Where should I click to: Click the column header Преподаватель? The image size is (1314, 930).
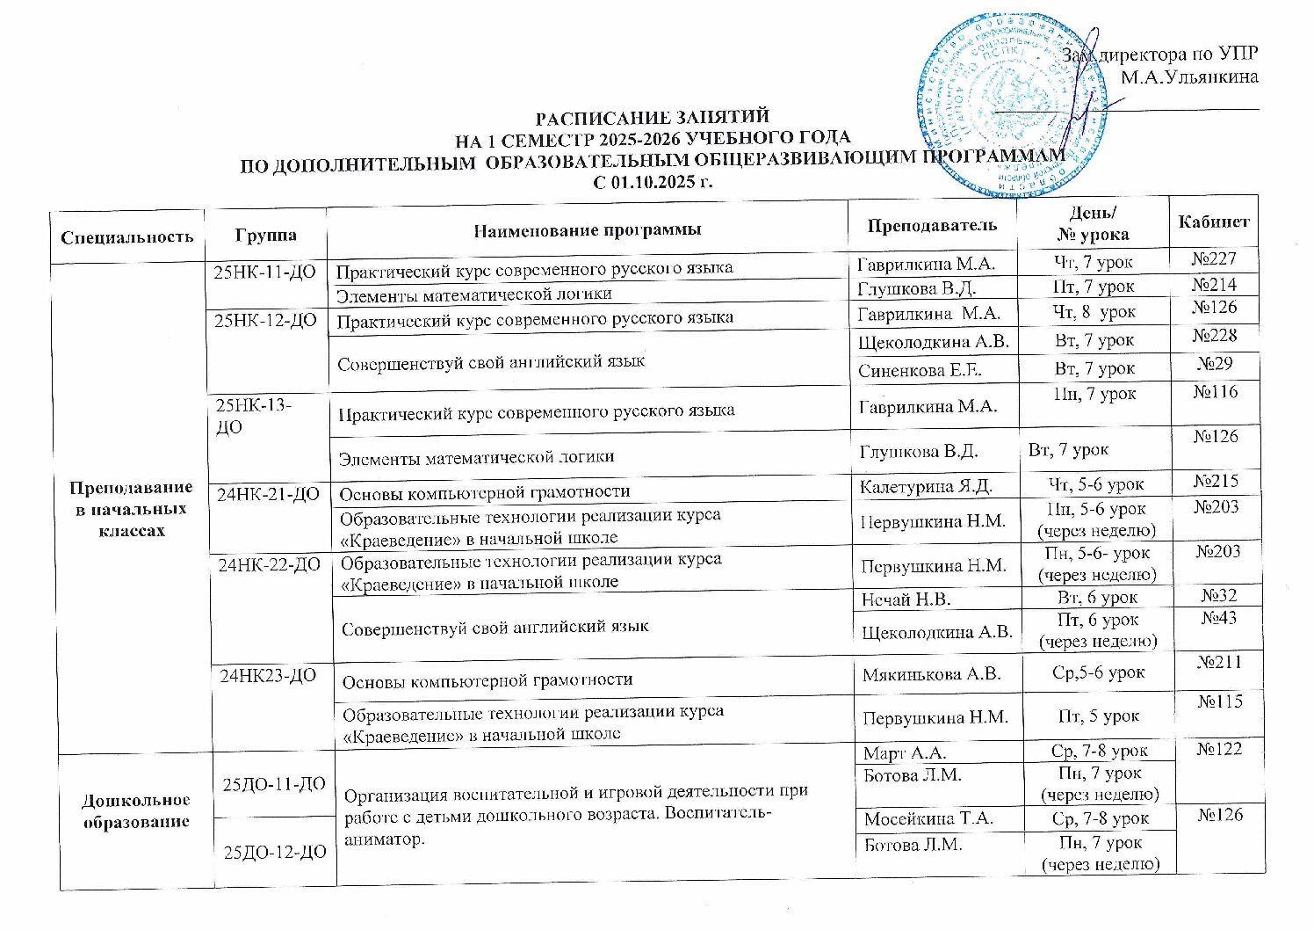click(932, 225)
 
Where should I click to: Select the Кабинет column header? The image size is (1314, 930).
click(1214, 222)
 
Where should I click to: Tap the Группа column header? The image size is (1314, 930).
click(265, 235)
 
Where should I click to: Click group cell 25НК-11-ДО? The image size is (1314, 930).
click(264, 272)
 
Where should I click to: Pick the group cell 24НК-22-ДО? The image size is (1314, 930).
click(269, 564)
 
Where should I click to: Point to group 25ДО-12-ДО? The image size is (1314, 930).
click(274, 852)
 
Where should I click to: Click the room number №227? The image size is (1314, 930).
click(1214, 258)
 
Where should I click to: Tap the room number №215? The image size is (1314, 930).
click(1216, 481)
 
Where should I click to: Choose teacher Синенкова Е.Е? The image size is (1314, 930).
click(920, 370)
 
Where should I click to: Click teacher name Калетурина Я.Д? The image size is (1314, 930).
click(926, 486)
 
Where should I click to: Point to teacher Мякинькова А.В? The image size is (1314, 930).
click(933, 674)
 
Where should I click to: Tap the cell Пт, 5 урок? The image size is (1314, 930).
click(1098, 716)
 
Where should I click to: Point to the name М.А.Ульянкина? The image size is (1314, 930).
click(1189, 76)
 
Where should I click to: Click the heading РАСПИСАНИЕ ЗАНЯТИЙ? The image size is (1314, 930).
click(653, 117)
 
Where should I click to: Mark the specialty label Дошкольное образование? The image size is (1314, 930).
click(136, 810)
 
